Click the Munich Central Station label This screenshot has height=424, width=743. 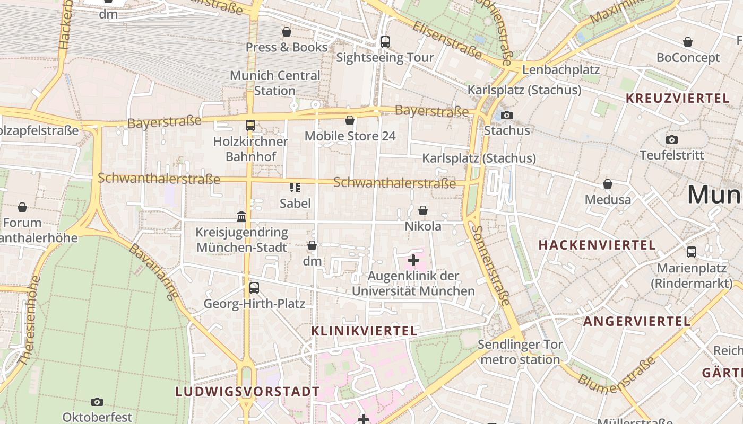275,83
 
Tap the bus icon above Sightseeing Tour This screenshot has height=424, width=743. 385,41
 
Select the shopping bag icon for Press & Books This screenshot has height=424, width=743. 287,32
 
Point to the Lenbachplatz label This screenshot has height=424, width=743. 561,69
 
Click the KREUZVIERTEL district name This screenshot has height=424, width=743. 677,98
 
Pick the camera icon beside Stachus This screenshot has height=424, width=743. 507,115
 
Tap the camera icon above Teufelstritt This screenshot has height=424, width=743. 672,139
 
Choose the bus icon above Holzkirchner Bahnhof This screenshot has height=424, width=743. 250,126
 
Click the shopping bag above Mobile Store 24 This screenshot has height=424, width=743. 350,120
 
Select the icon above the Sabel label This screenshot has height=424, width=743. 295,187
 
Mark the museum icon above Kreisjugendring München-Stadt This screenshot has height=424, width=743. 241,216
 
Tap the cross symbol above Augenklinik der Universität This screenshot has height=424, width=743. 413,260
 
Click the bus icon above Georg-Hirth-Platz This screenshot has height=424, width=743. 254,288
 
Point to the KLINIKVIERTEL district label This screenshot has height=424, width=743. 364,331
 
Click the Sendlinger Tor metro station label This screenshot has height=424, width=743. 520,352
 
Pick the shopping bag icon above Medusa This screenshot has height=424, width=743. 608,184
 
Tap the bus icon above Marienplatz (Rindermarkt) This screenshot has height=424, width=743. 692,252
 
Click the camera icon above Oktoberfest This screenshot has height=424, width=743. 97,402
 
